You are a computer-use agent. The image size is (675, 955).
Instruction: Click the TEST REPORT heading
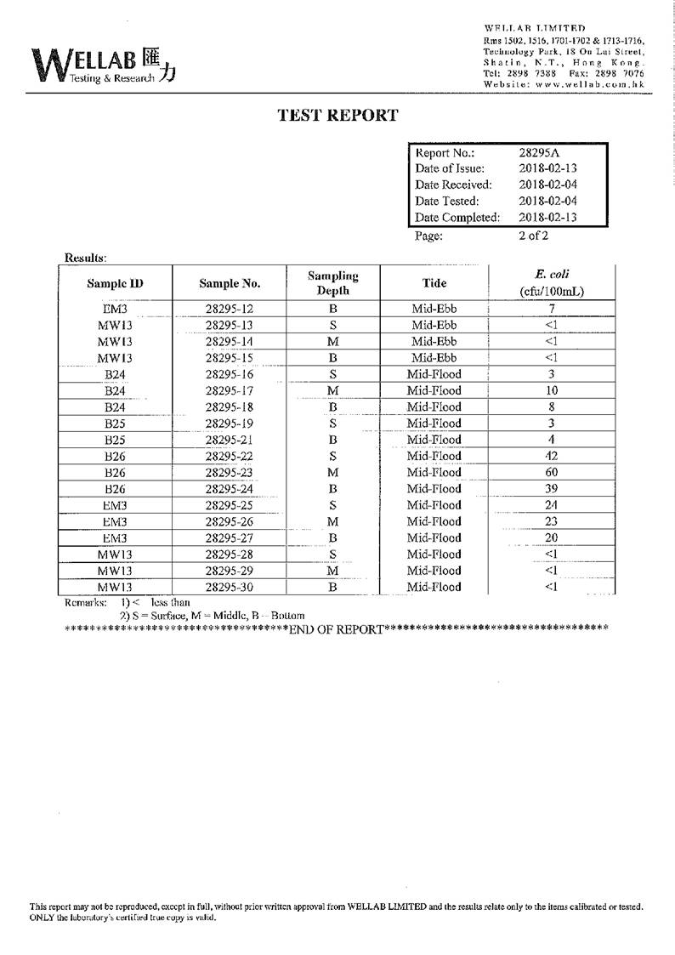338,116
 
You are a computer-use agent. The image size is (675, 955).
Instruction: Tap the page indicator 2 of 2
533,236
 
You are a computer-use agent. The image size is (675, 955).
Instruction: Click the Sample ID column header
115,283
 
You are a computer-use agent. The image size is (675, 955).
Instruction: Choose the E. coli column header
552,283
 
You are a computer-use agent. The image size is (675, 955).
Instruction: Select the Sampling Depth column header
332,283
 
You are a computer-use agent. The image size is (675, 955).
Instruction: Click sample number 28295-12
230,310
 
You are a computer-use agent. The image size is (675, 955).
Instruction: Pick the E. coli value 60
551,472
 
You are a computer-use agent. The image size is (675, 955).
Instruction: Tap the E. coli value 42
551,456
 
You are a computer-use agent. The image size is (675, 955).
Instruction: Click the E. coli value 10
551,390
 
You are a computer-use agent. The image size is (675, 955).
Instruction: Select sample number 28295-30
230,587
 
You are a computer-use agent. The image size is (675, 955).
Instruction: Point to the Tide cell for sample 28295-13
434,326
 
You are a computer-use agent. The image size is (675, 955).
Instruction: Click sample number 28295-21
230,440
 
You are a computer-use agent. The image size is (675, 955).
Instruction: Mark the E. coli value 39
551,488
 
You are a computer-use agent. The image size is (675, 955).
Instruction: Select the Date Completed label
457,217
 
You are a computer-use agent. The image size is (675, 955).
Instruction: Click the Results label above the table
85,257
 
